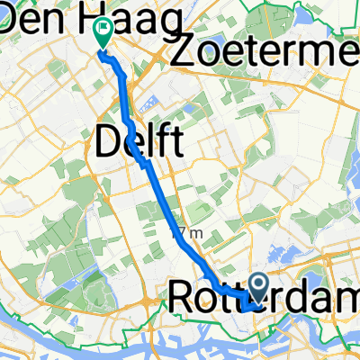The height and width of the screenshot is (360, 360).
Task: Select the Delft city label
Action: click(139, 143)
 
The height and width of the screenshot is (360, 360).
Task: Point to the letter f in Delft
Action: click(164, 142)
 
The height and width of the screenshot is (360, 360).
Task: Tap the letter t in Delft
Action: click(176, 143)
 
